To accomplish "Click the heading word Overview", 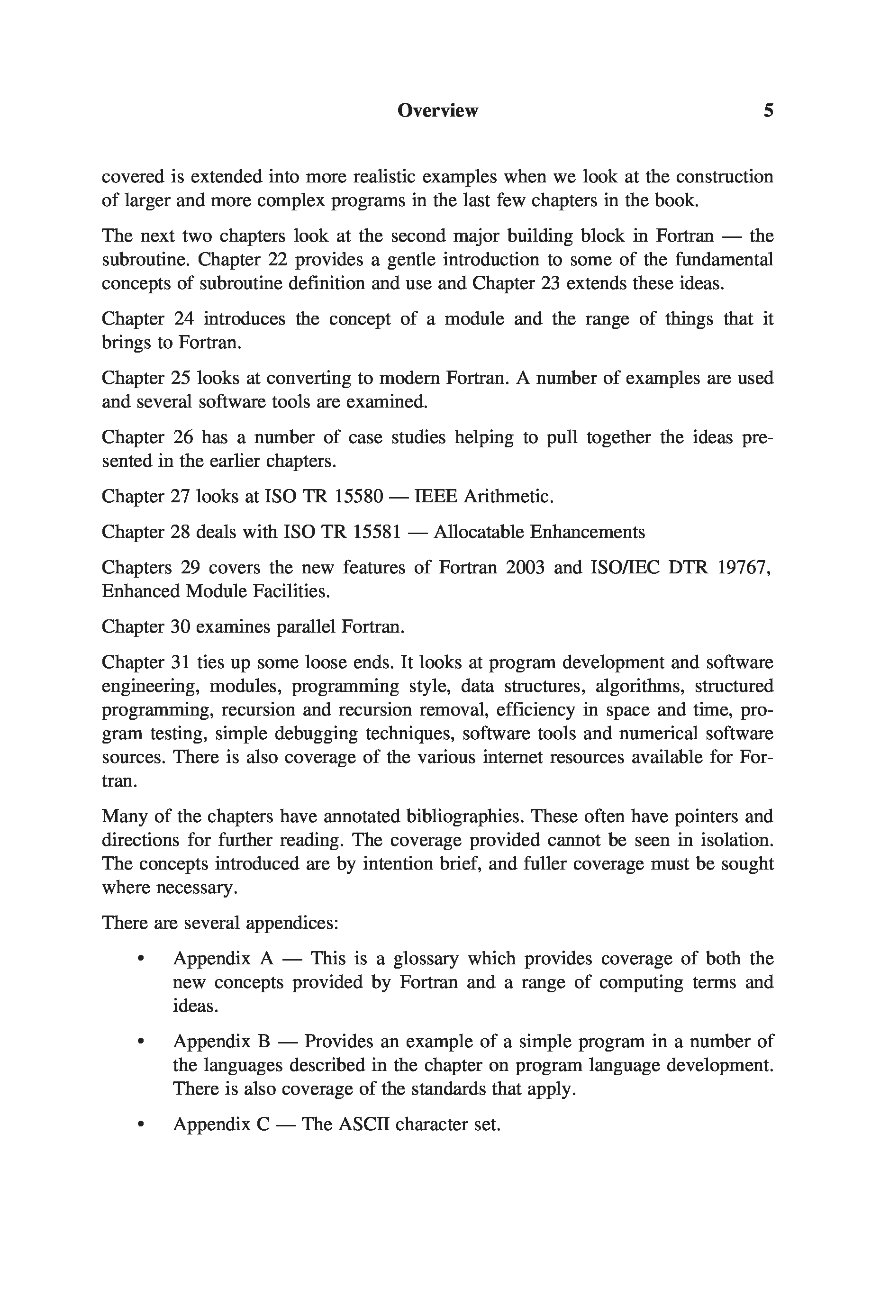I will click(437, 110).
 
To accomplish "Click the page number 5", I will click(768, 110).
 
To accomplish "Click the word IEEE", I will click(435, 496).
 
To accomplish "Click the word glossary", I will click(426, 959).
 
